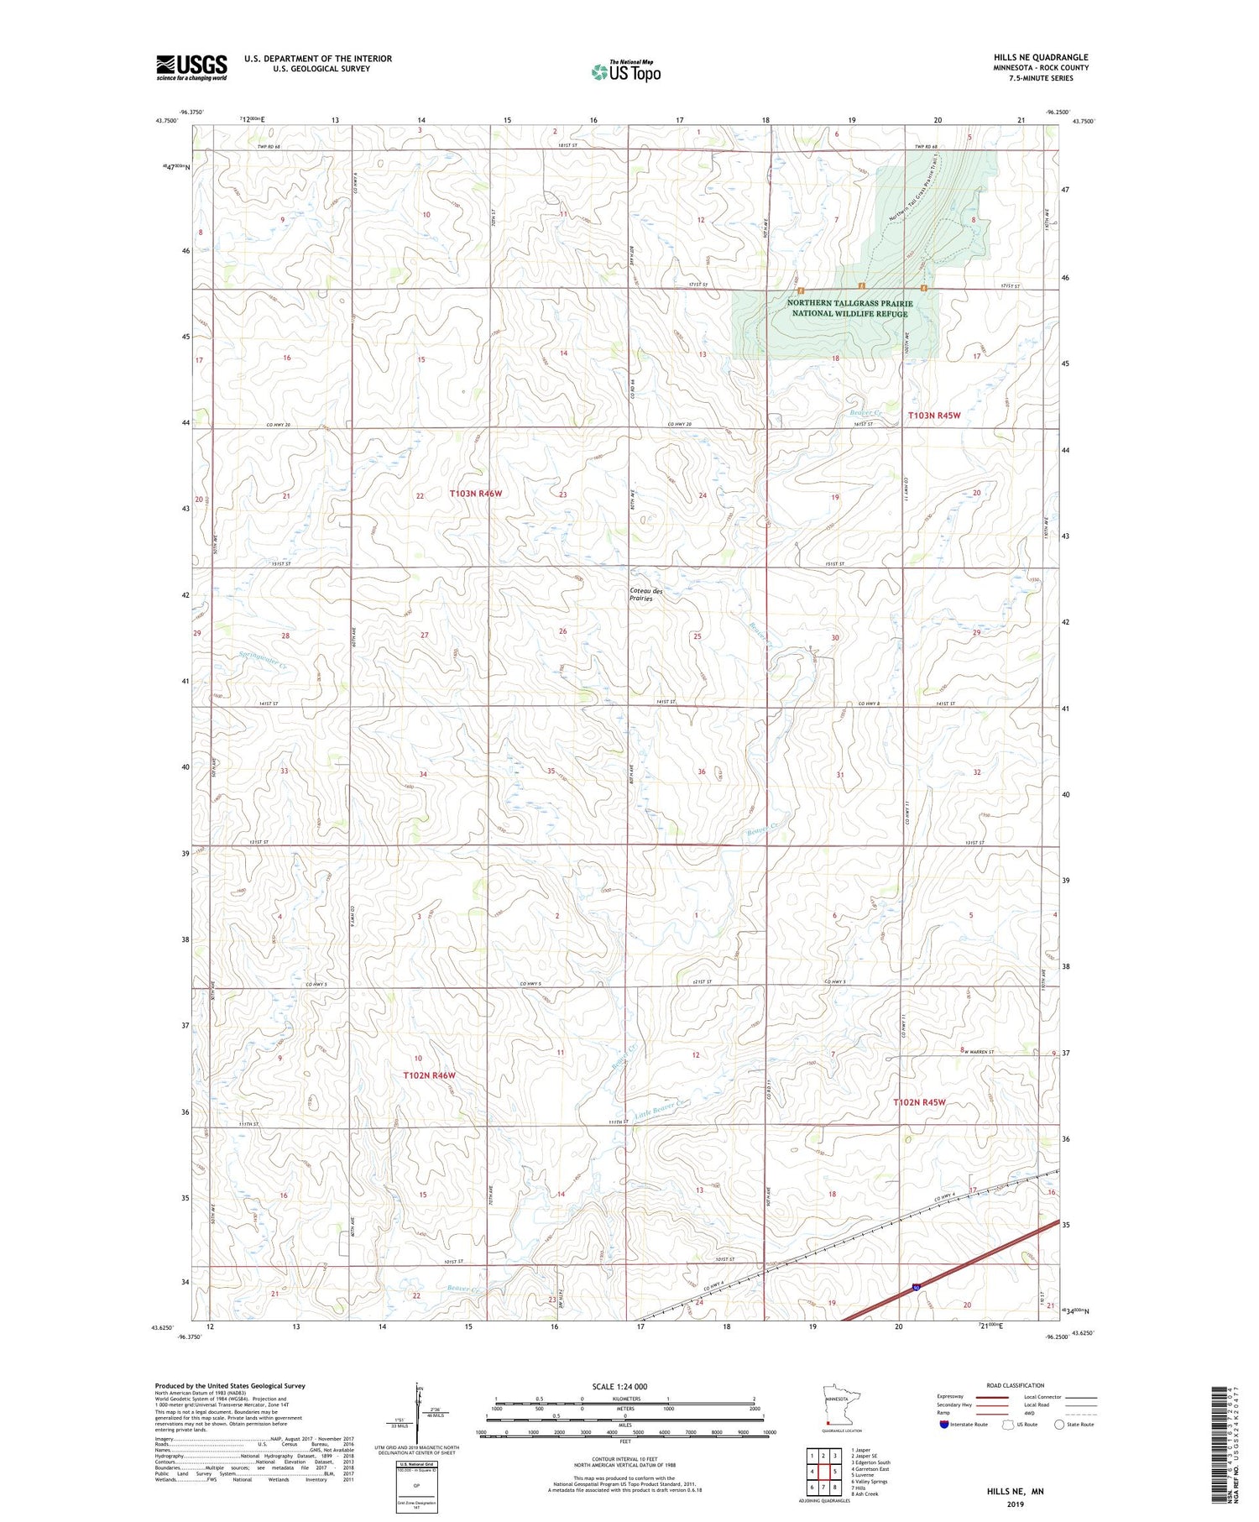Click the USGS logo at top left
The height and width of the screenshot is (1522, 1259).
pos(191,67)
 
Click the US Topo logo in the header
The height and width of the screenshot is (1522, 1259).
pos(626,71)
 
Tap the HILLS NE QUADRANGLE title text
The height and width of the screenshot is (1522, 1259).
pos(1040,57)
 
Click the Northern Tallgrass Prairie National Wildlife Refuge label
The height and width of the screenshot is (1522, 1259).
pos(849,308)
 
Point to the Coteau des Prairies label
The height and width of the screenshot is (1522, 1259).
pos(645,594)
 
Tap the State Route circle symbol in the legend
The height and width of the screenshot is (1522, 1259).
pos(1059,1424)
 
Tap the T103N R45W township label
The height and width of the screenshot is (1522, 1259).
pos(933,416)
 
